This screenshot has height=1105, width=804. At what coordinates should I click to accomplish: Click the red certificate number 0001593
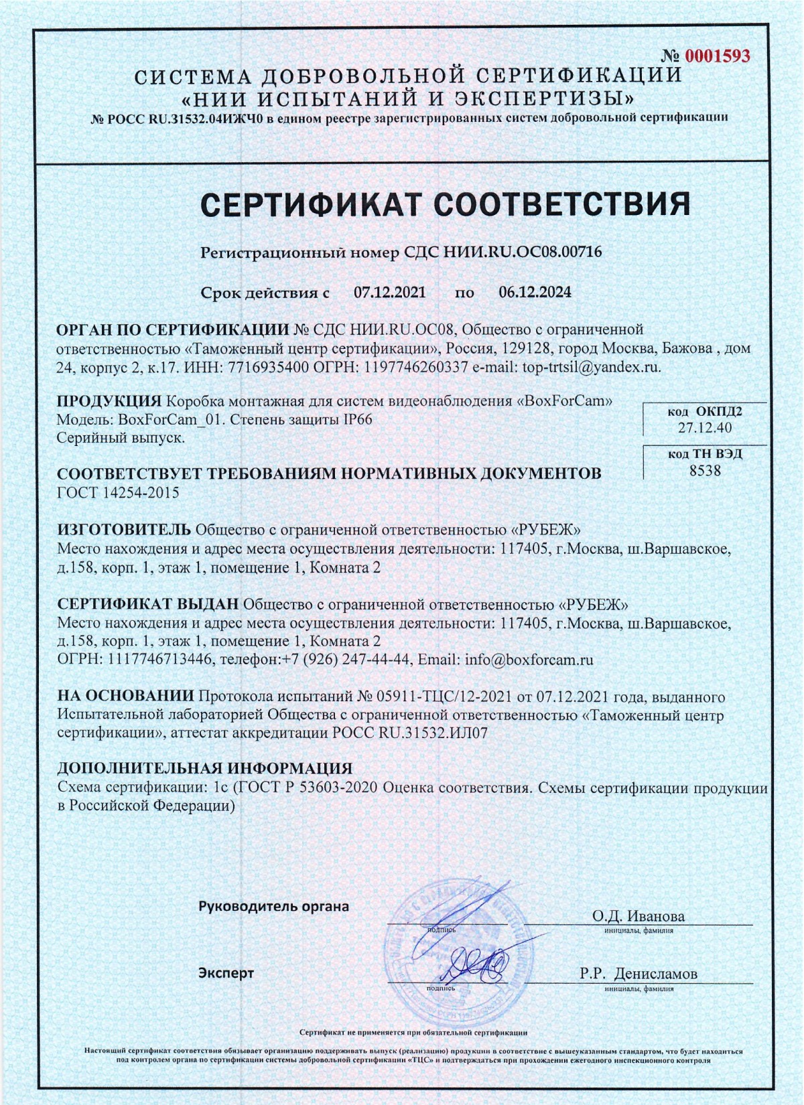coord(717,56)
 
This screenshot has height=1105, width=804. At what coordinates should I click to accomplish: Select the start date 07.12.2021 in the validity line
coord(389,292)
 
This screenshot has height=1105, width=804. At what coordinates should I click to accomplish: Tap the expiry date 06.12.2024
coord(535,292)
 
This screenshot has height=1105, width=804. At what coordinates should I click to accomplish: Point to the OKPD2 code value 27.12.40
coord(705,428)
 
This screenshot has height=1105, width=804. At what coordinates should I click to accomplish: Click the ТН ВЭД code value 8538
coord(705,471)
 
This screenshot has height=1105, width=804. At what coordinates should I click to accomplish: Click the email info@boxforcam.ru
coord(529,660)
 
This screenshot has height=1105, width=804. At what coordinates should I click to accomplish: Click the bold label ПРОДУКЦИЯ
coord(109,401)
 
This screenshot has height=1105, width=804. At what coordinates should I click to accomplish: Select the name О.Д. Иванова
coord(638,916)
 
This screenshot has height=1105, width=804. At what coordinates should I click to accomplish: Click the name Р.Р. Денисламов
coord(638,974)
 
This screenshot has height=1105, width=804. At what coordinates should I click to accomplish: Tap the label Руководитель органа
coord(273,907)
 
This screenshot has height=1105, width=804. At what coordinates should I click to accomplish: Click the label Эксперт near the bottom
coord(226,973)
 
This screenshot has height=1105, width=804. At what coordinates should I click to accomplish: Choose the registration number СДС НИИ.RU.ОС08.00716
coord(503,252)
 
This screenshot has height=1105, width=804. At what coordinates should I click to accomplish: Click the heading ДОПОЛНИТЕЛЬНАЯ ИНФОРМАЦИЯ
coord(204,768)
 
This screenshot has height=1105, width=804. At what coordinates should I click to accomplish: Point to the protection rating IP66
coord(357,420)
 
